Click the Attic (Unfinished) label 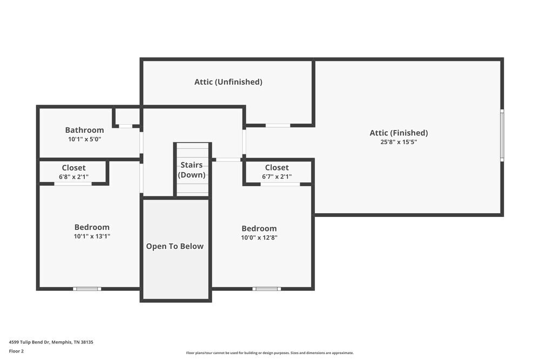(228, 82)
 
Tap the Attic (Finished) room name (399, 133)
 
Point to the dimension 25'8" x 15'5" (399, 142)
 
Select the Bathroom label (84, 130)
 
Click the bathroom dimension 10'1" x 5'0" (84, 139)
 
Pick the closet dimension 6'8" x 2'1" (73, 176)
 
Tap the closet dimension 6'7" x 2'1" (276, 176)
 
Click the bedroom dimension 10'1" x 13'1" (92, 236)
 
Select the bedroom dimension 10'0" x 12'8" (259, 237)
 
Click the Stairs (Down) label (192, 170)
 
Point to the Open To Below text (175, 246)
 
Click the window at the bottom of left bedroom (87, 289)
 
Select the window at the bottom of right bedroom (266, 289)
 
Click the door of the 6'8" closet (73, 184)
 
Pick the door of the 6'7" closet (280, 184)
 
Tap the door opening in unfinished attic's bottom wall (278, 125)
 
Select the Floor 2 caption (16, 351)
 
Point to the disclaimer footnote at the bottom (269, 352)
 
